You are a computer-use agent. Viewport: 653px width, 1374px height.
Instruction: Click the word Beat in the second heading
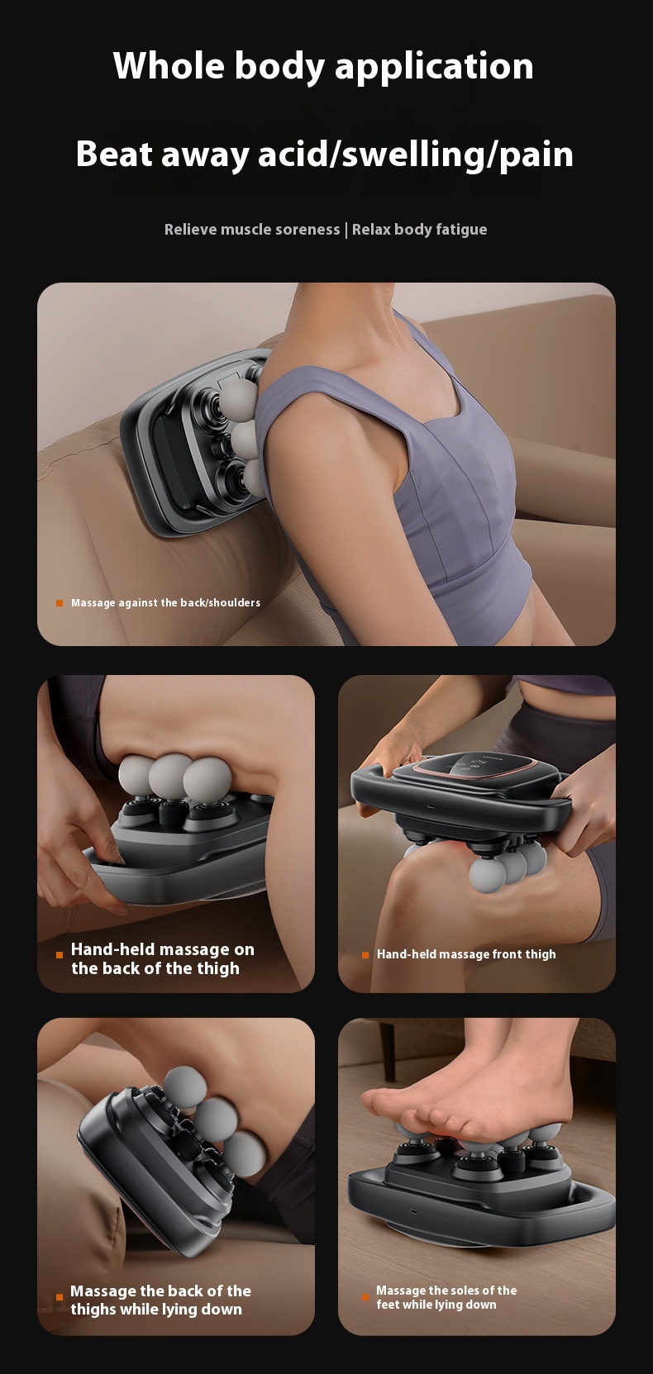coord(114,154)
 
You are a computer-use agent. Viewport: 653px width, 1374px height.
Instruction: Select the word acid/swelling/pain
coord(416,155)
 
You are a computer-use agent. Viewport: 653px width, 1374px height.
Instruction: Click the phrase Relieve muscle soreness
coord(251,230)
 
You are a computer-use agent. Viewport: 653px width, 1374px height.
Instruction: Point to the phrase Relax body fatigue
coord(419,230)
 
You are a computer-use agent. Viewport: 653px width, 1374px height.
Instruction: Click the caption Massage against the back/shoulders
coord(165,603)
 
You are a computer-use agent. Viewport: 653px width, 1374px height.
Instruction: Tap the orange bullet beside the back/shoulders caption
coord(60,603)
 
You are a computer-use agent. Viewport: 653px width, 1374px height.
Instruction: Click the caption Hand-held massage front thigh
coord(466,954)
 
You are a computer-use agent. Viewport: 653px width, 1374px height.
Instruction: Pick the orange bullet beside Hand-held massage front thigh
coord(365,955)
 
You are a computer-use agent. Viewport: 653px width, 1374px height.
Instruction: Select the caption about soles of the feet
coord(446,1297)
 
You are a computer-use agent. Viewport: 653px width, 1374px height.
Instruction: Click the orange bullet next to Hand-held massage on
coord(60,955)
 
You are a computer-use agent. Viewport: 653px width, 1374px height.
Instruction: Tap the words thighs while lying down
coord(156,1310)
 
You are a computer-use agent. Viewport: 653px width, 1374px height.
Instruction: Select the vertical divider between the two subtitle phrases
coord(346,230)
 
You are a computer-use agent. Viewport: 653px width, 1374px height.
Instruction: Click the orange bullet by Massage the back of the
coord(60,1297)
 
